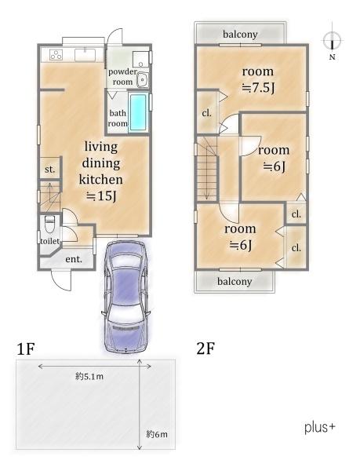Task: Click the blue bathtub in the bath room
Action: pos(138,112)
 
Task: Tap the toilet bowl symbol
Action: pos(49,224)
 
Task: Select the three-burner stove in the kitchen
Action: pos(56,55)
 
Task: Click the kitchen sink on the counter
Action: pos(85,55)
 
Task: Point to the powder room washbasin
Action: pos(142,79)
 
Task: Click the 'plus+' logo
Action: pos(319,427)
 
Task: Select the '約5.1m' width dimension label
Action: pos(89,376)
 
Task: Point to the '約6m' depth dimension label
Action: pos(157,434)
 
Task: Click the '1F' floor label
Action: pos(26,349)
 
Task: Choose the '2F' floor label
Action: pos(205,349)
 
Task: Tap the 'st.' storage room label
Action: pos(49,169)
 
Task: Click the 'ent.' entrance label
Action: pos(74,258)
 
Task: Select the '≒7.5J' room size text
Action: pos(258,88)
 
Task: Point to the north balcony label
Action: pos(240,35)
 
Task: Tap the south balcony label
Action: pos(235,282)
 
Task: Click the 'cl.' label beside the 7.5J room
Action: pos(206,113)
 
